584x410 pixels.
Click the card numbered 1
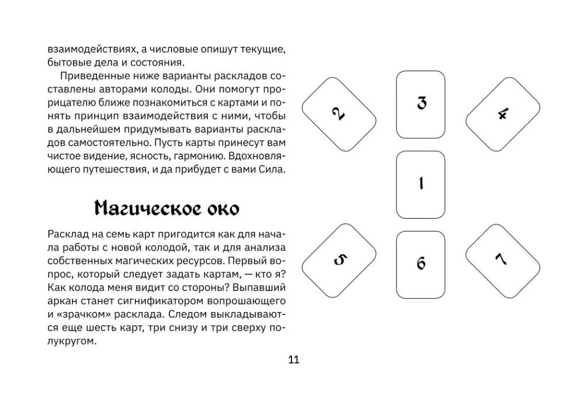[420, 184]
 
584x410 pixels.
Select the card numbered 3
[420, 104]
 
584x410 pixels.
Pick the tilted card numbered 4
[502, 113]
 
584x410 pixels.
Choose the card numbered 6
[420, 264]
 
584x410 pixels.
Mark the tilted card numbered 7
[502, 259]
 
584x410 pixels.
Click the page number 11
[294, 359]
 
